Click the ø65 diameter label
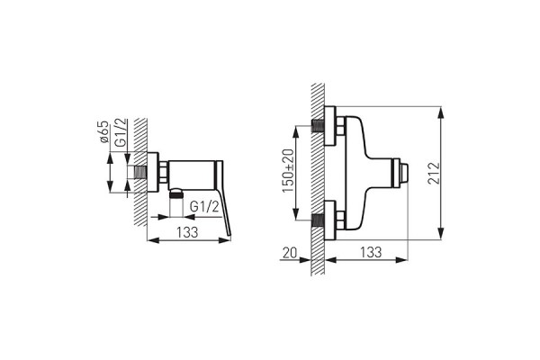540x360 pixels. (104, 135)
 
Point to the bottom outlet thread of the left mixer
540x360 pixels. (176, 193)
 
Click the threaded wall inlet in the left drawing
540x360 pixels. (137, 171)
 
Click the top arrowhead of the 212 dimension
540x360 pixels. (441, 111)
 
